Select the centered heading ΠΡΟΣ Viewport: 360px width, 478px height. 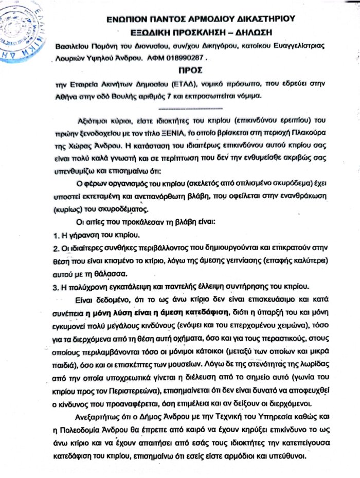191,68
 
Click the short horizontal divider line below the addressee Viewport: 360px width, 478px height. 191,109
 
